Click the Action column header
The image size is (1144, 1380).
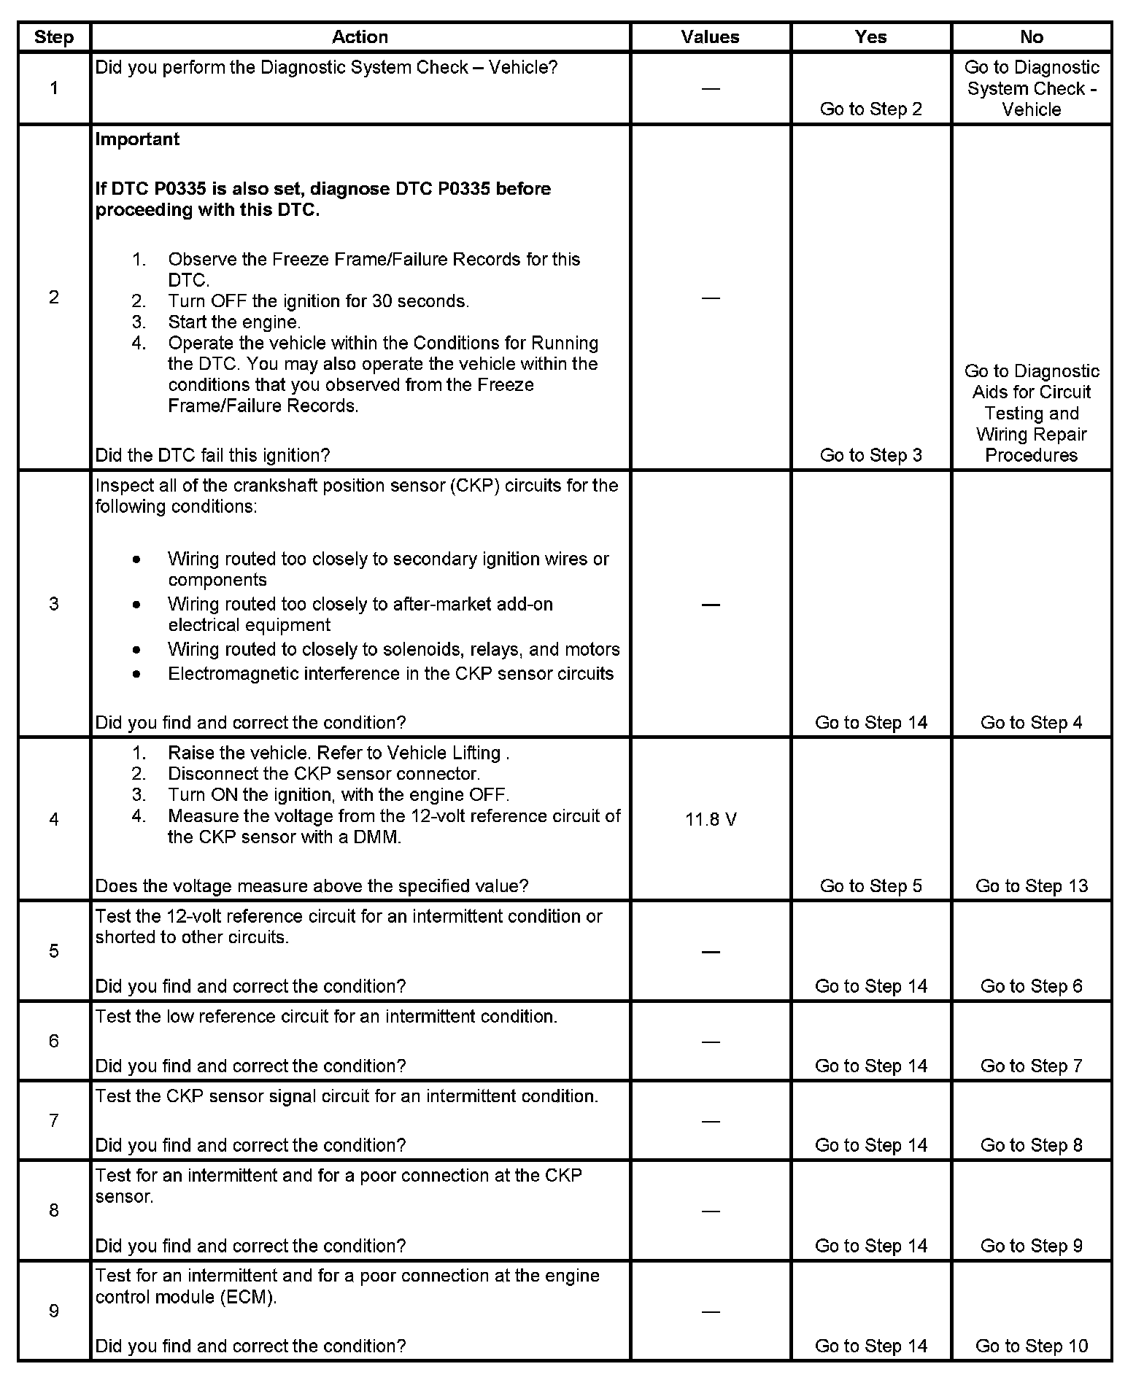360,37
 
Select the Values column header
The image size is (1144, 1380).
710,37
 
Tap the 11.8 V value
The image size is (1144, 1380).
711,820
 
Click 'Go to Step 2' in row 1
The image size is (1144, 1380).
870,109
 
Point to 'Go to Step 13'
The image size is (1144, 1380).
1031,886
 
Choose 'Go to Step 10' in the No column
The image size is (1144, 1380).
1031,1346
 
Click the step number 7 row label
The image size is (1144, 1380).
54,1120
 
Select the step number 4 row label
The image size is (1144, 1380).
54,820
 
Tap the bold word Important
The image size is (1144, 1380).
137,139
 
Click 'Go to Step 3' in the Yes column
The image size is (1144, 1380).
870,455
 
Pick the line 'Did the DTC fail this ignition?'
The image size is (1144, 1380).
212,455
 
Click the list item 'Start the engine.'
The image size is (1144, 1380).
234,322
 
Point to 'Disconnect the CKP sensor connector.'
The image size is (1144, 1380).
324,774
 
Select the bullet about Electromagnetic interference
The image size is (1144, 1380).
390,674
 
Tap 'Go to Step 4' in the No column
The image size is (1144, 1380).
1031,723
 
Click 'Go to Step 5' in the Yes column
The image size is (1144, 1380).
870,886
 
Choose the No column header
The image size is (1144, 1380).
1031,37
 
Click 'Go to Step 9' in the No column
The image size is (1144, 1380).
1031,1246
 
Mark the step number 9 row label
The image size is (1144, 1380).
54,1311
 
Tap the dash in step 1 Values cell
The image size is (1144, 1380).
711,89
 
